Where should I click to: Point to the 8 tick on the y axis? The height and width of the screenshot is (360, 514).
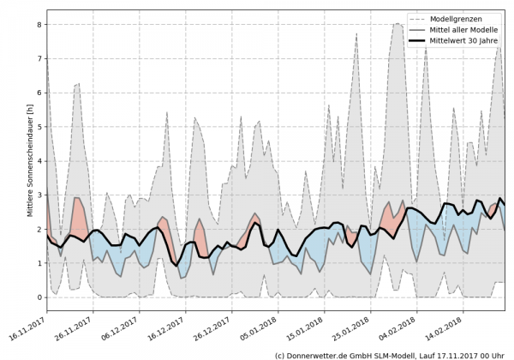[39, 24]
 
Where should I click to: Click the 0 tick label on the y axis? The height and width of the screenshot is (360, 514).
[39, 297]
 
